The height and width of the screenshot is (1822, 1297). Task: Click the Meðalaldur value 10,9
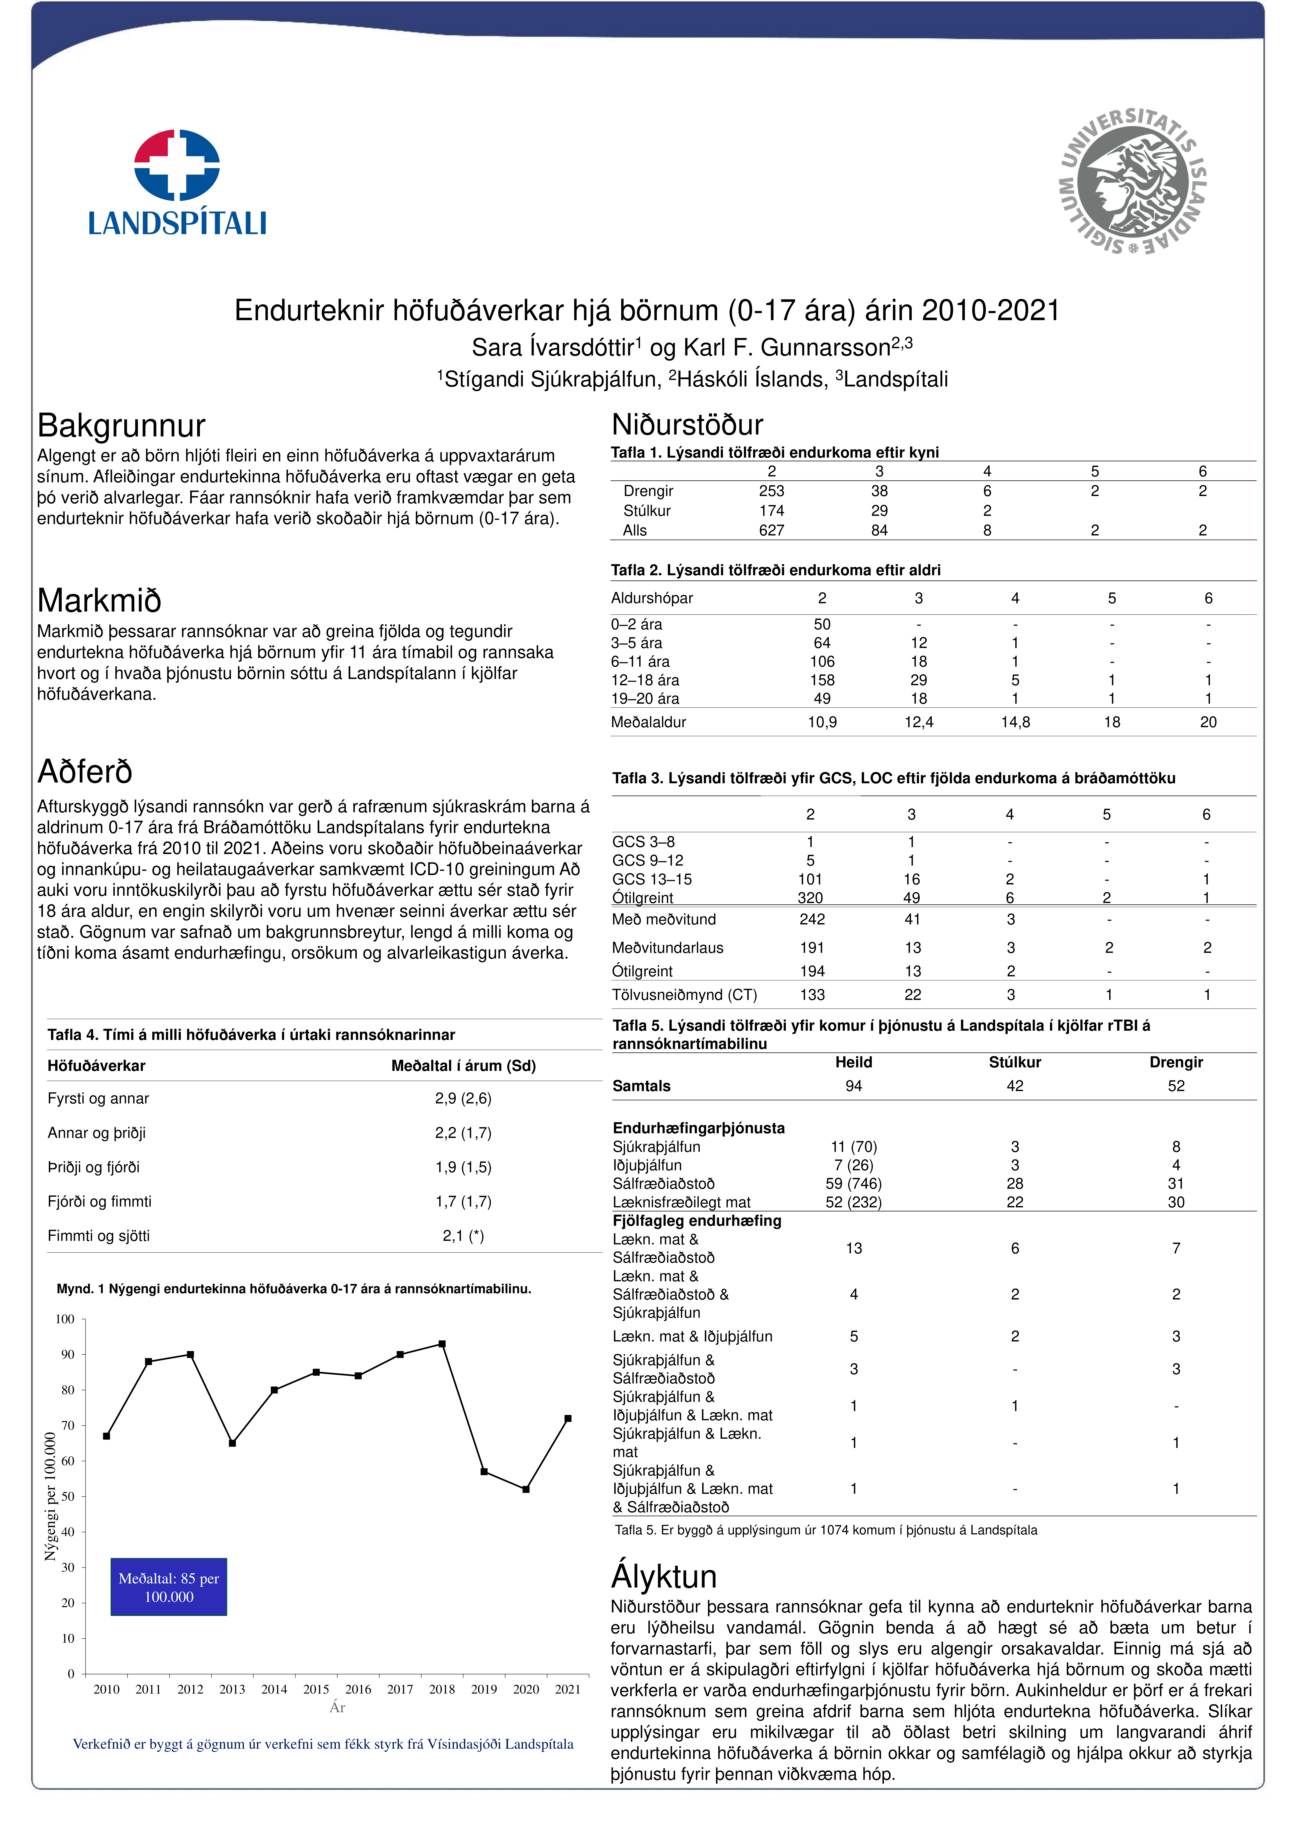[822, 722]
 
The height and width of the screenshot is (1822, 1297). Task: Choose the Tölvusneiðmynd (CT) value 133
[812, 995]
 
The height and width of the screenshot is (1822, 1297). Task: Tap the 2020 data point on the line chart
[525, 1489]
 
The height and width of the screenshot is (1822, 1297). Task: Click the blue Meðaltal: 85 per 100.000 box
[168, 1587]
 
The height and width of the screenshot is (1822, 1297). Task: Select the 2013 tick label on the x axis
[232, 1689]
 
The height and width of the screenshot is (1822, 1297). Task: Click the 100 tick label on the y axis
[65, 1319]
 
